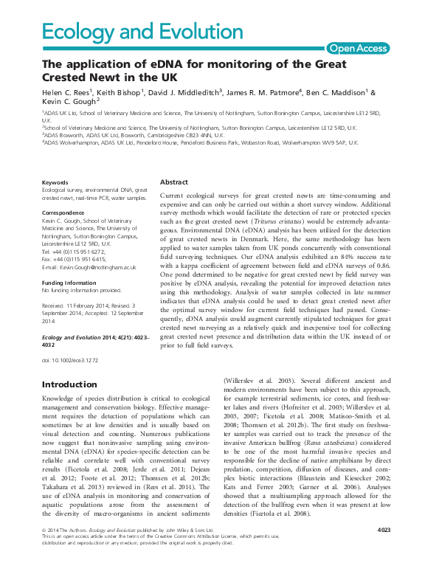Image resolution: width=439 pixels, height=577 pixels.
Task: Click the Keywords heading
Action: coord(55,182)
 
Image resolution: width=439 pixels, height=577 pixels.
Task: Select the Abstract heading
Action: coord(176,182)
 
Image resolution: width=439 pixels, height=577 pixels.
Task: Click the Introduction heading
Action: coord(69,384)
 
